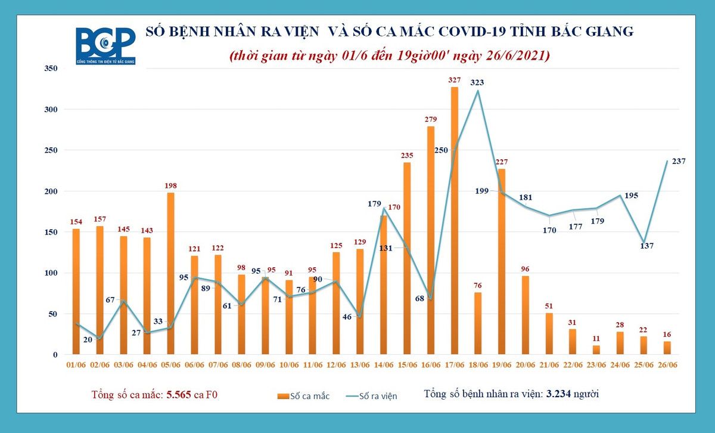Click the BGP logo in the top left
[x=105, y=46]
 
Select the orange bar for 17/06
[x=455, y=221]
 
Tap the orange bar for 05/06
[x=170, y=274]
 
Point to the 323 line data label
[x=477, y=83]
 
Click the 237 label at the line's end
[x=679, y=161]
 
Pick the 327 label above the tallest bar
[x=455, y=80]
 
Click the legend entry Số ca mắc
[x=303, y=395]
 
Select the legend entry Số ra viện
[x=372, y=395]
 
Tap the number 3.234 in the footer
[x=562, y=394]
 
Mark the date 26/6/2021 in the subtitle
[x=517, y=55]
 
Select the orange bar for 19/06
[x=502, y=262]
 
